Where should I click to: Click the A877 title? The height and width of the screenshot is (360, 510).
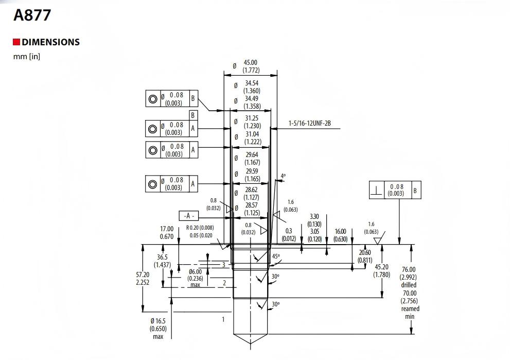pyautogui.click(x=32, y=15)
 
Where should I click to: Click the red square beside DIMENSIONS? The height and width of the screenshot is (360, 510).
pyautogui.click(x=16, y=42)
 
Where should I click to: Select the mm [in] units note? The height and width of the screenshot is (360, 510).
pyautogui.click(x=26, y=56)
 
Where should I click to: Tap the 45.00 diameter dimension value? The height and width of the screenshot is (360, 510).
pyautogui.click(x=251, y=63)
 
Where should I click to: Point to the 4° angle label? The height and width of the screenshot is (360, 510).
pyautogui.click(x=283, y=176)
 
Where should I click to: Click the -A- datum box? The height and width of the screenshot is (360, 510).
pyautogui.click(x=189, y=216)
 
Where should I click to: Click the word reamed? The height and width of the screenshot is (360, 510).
pyautogui.click(x=410, y=308)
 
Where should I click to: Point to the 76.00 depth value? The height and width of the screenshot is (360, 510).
pyautogui.click(x=409, y=269)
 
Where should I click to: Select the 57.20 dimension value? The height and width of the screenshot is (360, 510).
pyautogui.click(x=143, y=275)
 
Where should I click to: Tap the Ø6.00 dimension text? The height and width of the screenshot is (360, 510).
pyautogui.click(x=195, y=272)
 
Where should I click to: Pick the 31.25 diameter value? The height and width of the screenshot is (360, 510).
pyautogui.click(x=252, y=118)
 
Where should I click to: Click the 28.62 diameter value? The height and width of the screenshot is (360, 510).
pyautogui.click(x=252, y=190)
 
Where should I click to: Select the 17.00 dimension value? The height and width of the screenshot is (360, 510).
pyautogui.click(x=167, y=229)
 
